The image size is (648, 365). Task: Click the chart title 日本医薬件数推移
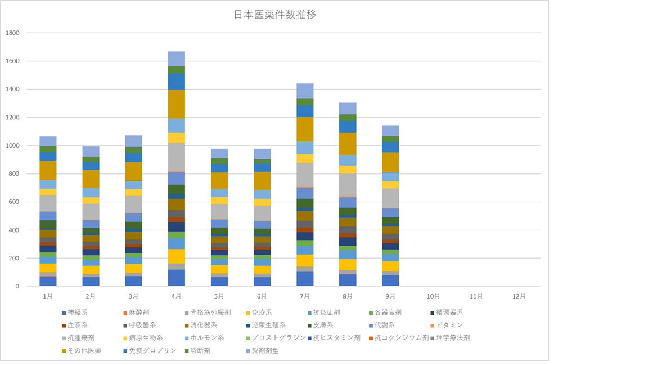click(274, 15)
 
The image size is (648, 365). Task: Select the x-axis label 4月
click(177, 296)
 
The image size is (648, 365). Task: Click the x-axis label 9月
click(390, 296)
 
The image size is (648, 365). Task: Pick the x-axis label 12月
click(519, 296)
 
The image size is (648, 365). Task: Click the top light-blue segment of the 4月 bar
click(177, 59)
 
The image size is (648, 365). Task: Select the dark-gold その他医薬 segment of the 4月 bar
click(177, 104)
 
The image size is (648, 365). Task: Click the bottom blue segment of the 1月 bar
click(48, 281)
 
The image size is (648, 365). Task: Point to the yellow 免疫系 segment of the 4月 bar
click(177, 256)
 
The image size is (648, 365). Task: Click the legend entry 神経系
click(75, 312)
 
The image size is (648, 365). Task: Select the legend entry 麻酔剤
click(137, 312)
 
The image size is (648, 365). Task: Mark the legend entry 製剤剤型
click(265, 351)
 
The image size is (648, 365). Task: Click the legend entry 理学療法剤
click(452, 338)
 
